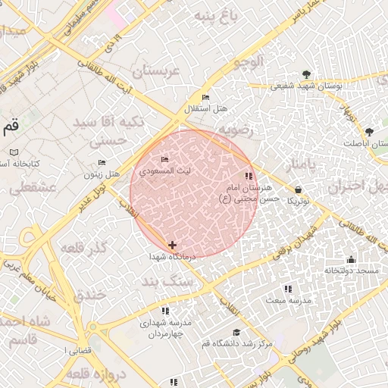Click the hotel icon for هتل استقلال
click(x=206, y=98)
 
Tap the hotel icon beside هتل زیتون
click(x=102, y=163)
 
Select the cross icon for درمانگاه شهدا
click(x=173, y=245)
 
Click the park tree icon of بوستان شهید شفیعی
click(x=306, y=74)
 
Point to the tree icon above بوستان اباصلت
click(x=370, y=131)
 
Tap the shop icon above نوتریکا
click(x=298, y=189)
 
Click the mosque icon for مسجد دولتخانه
click(x=351, y=259)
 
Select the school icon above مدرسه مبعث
click(x=288, y=289)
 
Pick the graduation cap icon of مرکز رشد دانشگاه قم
click(x=236, y=333)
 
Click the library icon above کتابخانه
click(x=14, y=152)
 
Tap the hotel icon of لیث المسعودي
click(x=165, y=159)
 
